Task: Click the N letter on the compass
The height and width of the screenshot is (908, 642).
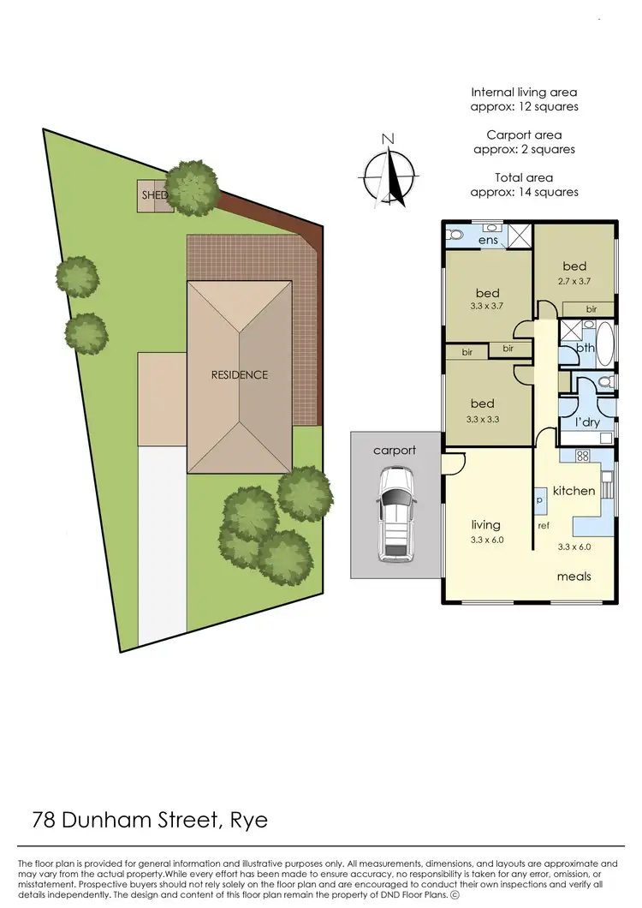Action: tap(388, 139)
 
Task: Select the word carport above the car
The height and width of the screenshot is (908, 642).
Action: tap(394, 450)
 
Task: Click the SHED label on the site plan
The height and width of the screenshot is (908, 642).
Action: tap(153, 195)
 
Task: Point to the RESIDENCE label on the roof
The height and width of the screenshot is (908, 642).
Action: tap(240, 374)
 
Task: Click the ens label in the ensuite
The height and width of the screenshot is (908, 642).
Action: tap(488, 241)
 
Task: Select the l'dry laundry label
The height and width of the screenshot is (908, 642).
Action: tap(586, 422)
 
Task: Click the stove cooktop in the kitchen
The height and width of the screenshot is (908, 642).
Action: tap(583, 457)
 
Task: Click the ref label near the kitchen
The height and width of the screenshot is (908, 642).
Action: tap(543, 525)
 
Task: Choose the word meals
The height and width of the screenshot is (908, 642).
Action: tap(574, 576)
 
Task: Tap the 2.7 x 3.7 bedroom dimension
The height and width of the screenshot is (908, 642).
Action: tap(574, 279)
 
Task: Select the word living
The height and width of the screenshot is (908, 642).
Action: tap(485, 525)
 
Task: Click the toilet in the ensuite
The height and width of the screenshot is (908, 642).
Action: tap(455, 233)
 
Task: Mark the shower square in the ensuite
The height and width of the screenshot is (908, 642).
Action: tap(517, 234)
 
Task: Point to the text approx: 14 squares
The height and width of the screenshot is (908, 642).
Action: tap(524, 192)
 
